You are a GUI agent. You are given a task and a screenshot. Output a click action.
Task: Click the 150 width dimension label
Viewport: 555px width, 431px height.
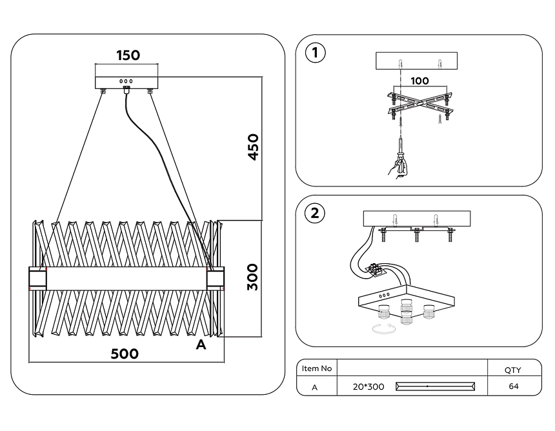click(x=128, y=55)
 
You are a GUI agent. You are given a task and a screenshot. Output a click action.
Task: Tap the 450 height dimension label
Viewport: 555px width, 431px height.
click(x=252, y=147)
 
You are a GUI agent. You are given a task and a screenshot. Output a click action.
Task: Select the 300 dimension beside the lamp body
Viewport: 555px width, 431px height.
click(x=252, y=276)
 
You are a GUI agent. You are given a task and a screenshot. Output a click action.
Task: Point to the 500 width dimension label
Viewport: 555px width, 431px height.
click(x=125, y=354)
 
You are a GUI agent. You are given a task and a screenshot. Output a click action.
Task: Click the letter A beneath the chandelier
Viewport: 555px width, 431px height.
click(x=201, y=346)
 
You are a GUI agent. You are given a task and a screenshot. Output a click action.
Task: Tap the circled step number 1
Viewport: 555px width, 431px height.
click(x=315, y=53)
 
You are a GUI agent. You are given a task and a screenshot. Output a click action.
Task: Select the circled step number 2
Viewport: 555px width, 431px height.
click(x=315, y=213)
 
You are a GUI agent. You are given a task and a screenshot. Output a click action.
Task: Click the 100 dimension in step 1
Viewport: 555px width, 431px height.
click(x=419, y=81)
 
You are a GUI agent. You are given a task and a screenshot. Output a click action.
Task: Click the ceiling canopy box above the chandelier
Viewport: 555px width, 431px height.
click(x=127, y=83)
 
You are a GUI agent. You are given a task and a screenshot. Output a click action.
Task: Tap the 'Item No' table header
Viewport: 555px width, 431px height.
click(x=317, y=368)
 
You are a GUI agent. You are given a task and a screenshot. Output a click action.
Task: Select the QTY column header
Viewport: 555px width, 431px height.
click(x=513, y=370)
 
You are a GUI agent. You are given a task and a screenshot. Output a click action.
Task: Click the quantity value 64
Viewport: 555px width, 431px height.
click(x=513, y=386)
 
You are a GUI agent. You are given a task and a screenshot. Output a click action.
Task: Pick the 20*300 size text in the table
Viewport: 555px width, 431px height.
click(x=368, y=387)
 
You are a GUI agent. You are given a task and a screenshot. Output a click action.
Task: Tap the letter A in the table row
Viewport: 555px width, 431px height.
click(x=315, y=387)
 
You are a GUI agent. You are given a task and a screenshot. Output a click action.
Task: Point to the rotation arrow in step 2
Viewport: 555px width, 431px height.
click(x=385, y=331)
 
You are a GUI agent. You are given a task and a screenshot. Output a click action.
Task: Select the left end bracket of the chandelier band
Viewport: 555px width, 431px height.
click(x=37, y=278)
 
